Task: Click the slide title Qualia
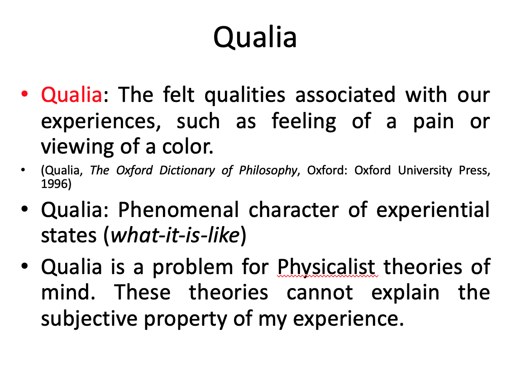click(x=255, y=37)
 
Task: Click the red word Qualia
click(x=72, y=95)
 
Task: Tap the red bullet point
click(x=24, y=94)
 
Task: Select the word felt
click(x=179, y=94)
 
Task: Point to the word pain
click(x=433, y=122)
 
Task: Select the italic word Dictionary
click(x=187, y=170)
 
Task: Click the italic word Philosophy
click(x=268, y=170)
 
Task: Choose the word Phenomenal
click(x=178, y=210)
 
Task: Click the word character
click(x=294, y=210)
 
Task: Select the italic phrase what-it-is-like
click(x=175, y=235)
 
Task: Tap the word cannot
click(x=319, y=293)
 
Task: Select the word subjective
click(x=89, y=319)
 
